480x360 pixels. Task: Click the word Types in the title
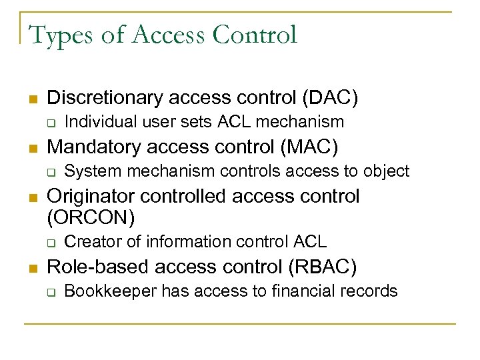(x=61, y=35)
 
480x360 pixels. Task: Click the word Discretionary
(x=105, y=97)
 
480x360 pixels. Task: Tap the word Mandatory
(x=93, y=146)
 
